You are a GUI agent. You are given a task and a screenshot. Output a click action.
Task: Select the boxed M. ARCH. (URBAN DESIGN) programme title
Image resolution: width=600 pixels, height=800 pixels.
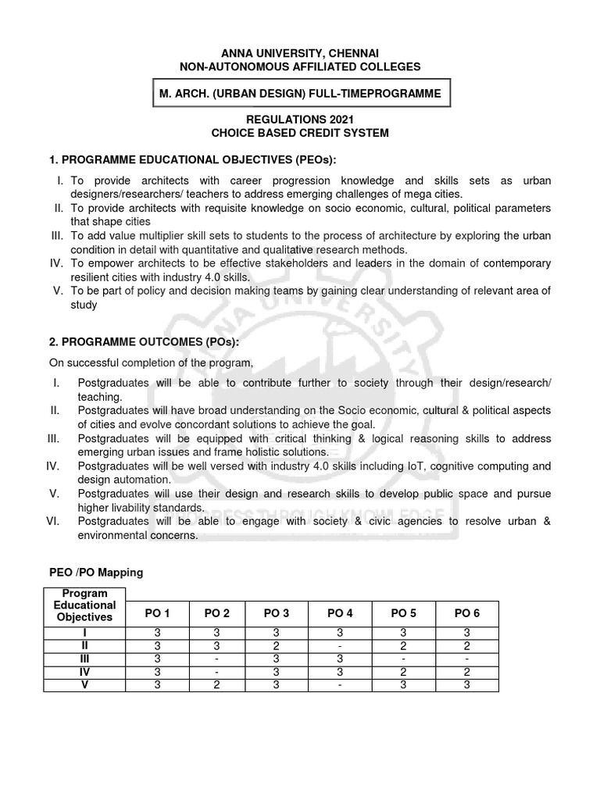point(299,94)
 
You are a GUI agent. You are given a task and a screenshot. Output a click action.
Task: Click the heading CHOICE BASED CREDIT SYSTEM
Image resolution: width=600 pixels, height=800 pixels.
point(300,133)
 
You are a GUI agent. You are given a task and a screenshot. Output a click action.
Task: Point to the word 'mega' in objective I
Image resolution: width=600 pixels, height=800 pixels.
point(422,194)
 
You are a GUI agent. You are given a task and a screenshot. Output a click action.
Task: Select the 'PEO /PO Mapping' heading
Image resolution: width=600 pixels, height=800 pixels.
point(96,573)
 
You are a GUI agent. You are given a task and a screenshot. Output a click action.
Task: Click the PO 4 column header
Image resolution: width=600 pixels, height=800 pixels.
point(340,614)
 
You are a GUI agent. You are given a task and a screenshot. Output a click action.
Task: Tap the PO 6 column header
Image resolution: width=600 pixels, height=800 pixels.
point(466,614)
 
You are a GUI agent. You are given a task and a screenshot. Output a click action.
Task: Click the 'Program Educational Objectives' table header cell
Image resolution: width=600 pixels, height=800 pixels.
point(85,605)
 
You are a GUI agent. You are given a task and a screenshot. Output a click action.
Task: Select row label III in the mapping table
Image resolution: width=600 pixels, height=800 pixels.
point(85,659)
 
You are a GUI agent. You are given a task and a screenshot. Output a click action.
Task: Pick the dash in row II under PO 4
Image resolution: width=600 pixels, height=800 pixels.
point(340,645)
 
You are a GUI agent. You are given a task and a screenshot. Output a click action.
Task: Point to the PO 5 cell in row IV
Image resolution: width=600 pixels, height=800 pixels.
point(403,672)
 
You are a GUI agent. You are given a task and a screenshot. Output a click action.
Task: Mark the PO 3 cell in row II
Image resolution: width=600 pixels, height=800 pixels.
point(277,645)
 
